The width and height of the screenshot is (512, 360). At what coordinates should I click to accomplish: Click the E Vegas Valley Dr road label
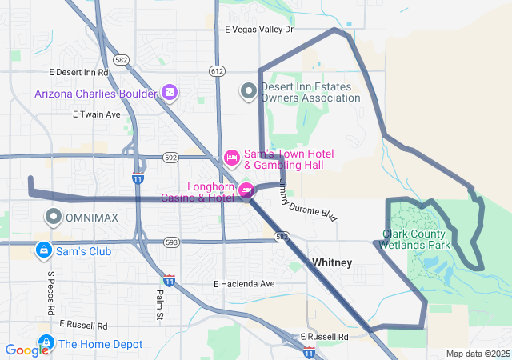259,30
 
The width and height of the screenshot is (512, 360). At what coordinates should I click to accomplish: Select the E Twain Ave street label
96,114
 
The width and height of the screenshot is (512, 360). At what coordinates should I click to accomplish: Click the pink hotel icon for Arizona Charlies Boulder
170,93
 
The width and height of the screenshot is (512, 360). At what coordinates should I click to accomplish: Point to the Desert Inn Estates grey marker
249,91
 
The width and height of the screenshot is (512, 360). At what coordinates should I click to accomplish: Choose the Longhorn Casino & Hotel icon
246,190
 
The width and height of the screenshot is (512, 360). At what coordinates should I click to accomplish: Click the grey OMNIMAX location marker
54,217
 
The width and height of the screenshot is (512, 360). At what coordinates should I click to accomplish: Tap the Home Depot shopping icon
46,344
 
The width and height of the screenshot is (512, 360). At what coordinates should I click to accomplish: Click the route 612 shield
217,71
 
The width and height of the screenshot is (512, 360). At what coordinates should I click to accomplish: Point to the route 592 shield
170,158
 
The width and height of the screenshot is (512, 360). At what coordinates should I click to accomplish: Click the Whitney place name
331,262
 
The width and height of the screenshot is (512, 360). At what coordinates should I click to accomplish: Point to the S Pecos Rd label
50,293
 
